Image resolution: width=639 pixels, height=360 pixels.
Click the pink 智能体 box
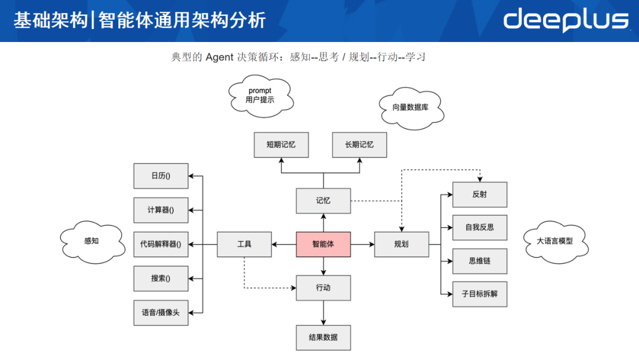[x=323, y=244]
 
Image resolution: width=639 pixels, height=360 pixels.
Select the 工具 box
[x=244, y=244]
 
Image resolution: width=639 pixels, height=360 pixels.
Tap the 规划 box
[x=401, y=244]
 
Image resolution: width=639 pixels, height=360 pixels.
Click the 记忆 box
[x=323, y=201]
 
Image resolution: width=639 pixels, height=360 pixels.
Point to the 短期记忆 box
[x=281, y=144]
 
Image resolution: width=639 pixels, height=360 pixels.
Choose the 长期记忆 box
[x=360, y=144]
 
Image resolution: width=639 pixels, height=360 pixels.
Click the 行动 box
[x=323, y=288]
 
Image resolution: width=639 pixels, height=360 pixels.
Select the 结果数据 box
[x=323, y=337]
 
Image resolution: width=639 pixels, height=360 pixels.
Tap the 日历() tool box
[x=161, y=176]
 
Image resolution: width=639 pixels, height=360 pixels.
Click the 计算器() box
[x=161, y=210]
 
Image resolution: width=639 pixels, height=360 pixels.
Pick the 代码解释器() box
[x=161, y=244]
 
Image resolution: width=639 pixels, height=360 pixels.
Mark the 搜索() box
[x=161, y=278]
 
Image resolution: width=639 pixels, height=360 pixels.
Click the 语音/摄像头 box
[x=161, y=313]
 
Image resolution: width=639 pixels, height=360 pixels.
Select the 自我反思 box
[x=480, y=227]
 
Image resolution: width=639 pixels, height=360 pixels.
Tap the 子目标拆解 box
[x=480, y=294]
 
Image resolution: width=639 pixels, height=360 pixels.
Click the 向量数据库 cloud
[x=411, y=108]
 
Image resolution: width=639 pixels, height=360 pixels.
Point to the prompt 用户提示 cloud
[x=260, y=95]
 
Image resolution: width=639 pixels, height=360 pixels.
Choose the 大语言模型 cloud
[x=554, y=241]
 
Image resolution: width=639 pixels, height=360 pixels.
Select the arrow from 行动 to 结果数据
[x=323, y=313]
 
